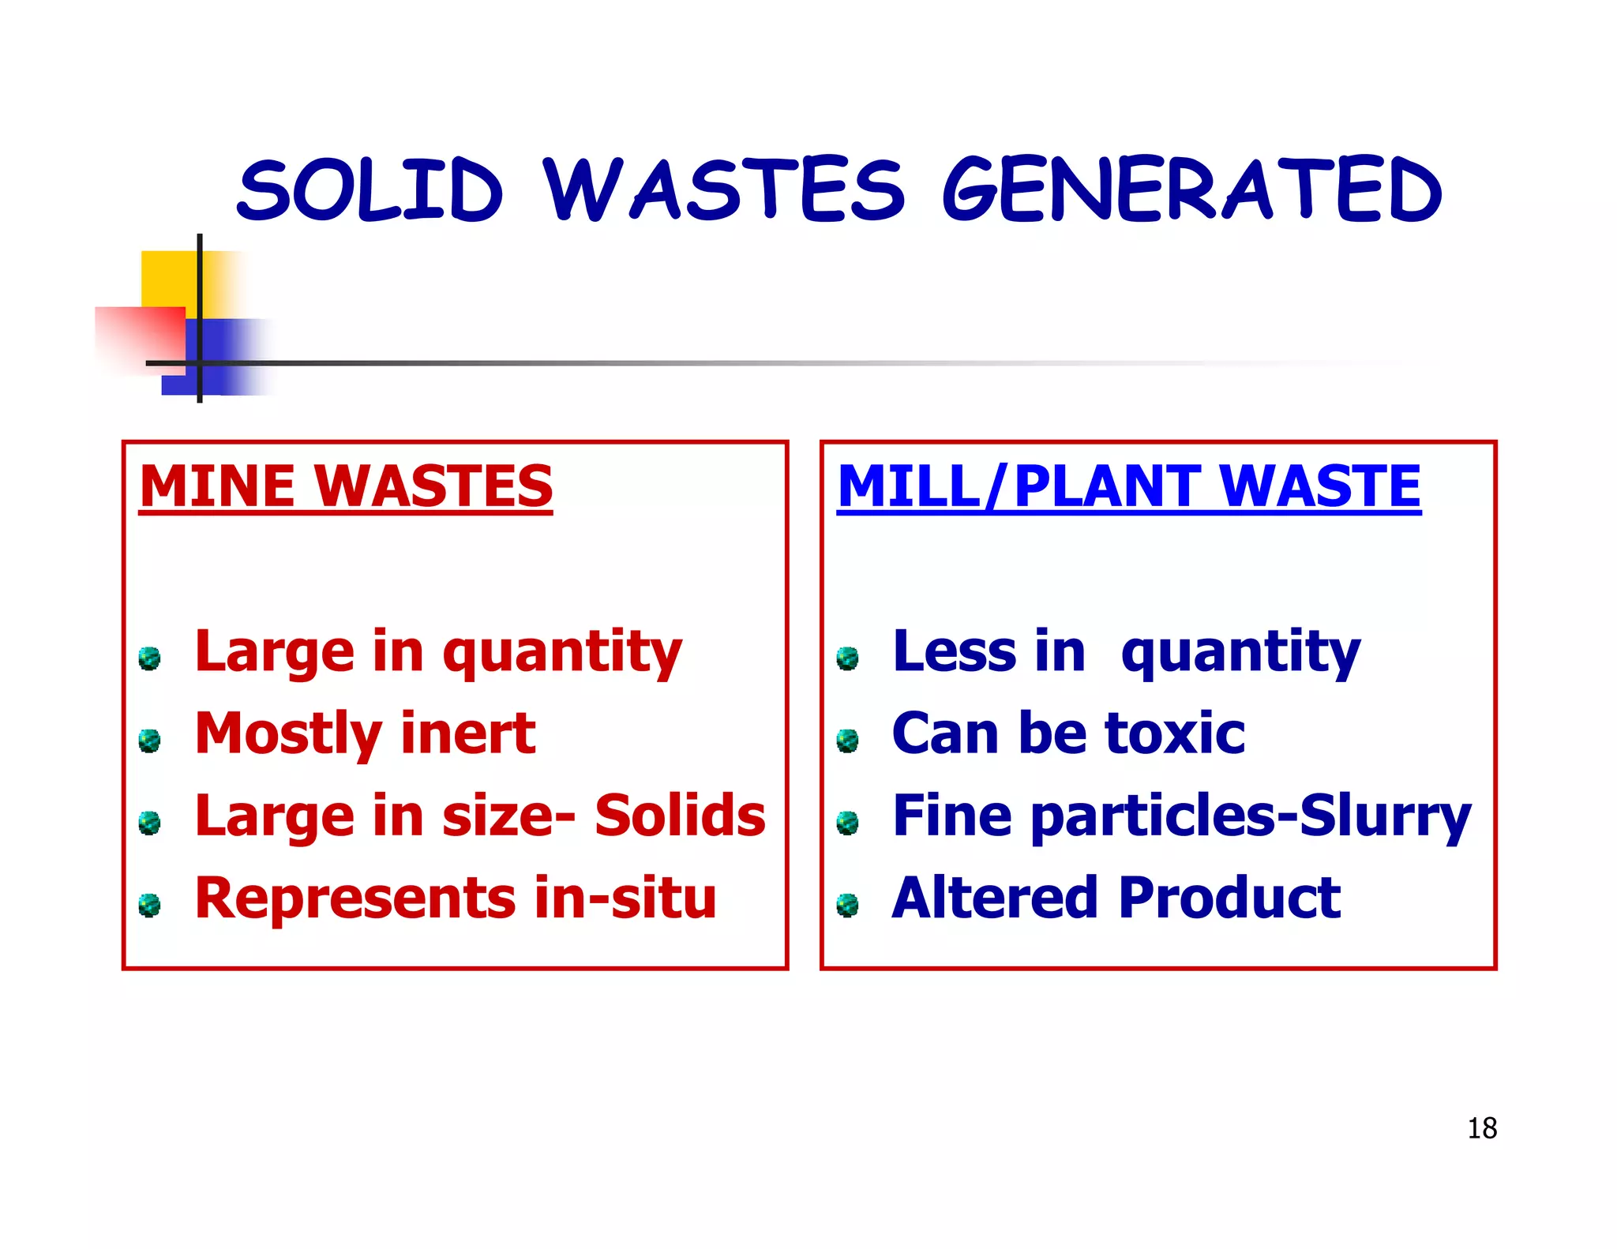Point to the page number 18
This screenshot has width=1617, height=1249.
pyautogui.click(x=1482, y=1128)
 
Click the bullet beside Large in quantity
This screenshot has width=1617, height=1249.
pyautogui.click(x=149, y=658)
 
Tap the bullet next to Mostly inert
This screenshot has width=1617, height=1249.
pyautogui.click(x=149, y=740)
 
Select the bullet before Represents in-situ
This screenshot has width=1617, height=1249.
pyautogui.click(x=149, y=905)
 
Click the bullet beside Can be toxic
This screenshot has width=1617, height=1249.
pyautogui.click(x=847, y=740)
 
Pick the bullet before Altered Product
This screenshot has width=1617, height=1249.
pyautogui.click(x=847, y=905)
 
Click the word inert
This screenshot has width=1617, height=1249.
pyautogui.click(x=467, y=733)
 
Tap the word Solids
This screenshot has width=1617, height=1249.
pyautogui.click(x=680, y=816)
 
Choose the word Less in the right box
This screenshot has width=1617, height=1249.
pyautogui.click(x=955, y=651)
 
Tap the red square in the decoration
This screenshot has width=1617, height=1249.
pyautogui.click(x=141, y=336)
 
